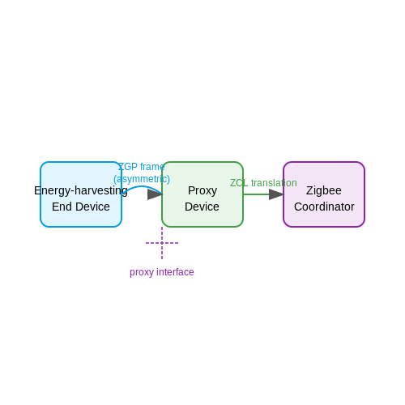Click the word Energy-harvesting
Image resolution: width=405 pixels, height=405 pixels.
(81, 191)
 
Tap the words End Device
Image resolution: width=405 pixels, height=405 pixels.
(81, 207)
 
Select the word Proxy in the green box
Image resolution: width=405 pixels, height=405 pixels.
(202, 191)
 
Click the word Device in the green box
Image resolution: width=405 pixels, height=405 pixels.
(202, 207)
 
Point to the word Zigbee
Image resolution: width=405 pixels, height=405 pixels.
(324, 191)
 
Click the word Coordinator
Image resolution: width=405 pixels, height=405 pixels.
(324, 207)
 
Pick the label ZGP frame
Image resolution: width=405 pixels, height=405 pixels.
(142, 167)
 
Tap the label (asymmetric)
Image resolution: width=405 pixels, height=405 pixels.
(142, 179)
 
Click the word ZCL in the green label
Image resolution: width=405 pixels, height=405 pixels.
(239, 183)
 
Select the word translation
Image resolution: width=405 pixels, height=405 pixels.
(274, 183)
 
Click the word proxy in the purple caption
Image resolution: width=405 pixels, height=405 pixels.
(141, 272)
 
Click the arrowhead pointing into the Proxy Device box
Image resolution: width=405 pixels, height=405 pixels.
(155, 194)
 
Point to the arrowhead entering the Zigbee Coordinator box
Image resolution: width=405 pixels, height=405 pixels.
(276, 194)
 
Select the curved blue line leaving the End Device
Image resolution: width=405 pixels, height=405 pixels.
(141, 186)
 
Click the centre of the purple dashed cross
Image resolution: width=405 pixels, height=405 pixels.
(162, 243)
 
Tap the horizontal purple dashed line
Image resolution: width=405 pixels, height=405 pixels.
(162, 243)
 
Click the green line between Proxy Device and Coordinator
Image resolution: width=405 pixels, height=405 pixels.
(256, 194)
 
